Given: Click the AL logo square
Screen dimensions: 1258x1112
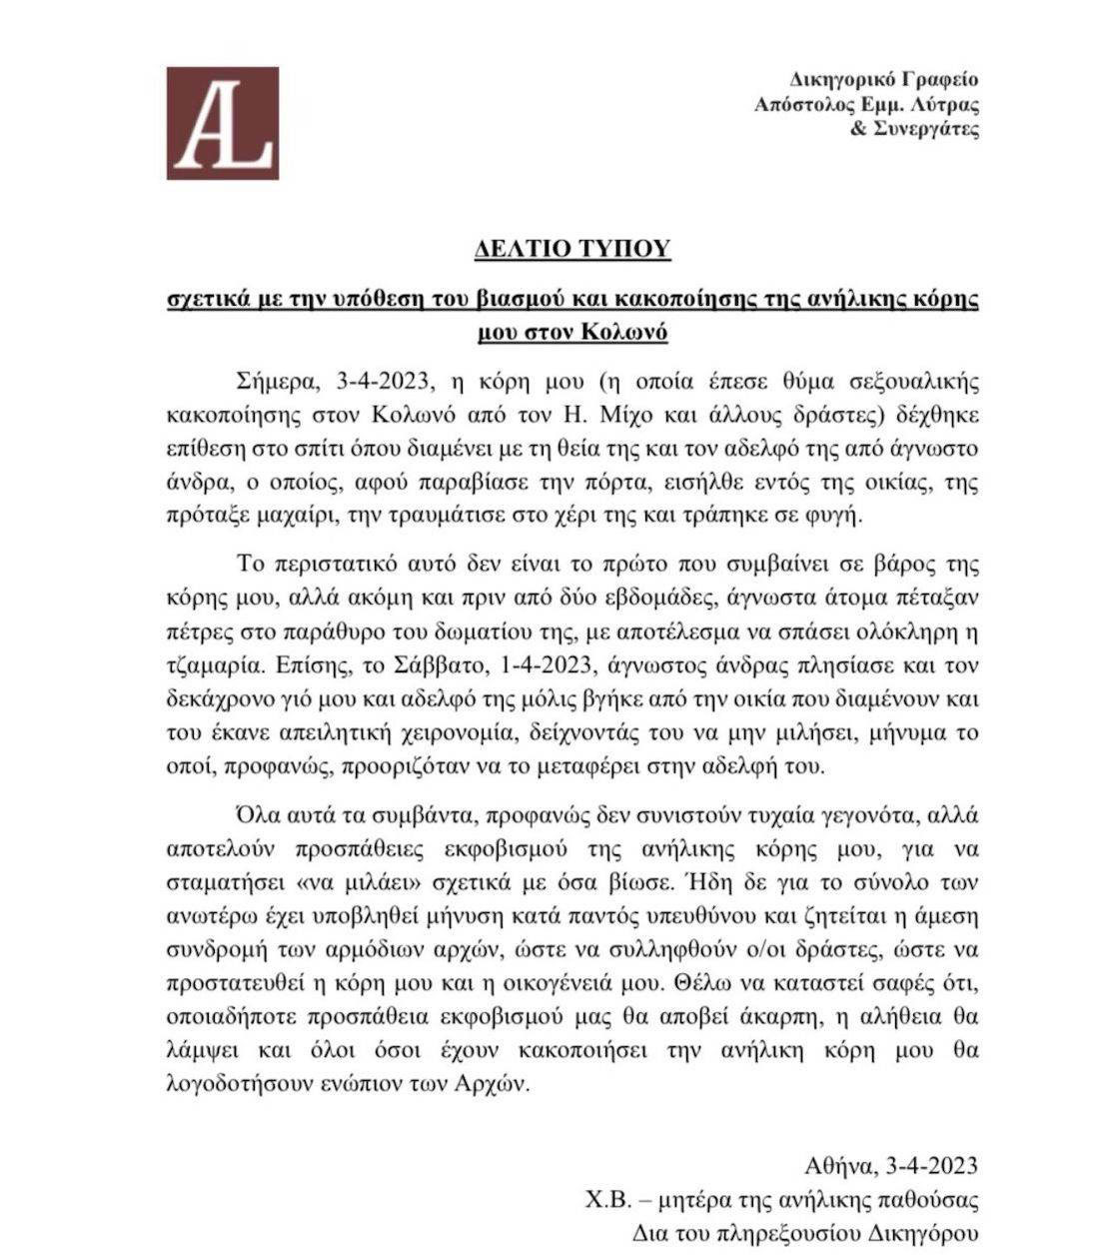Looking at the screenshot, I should [222, 123].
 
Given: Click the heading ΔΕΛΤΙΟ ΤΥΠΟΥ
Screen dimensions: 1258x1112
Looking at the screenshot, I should [571, 249].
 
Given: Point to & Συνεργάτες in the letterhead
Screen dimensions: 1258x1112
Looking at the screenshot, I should [914, 130].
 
